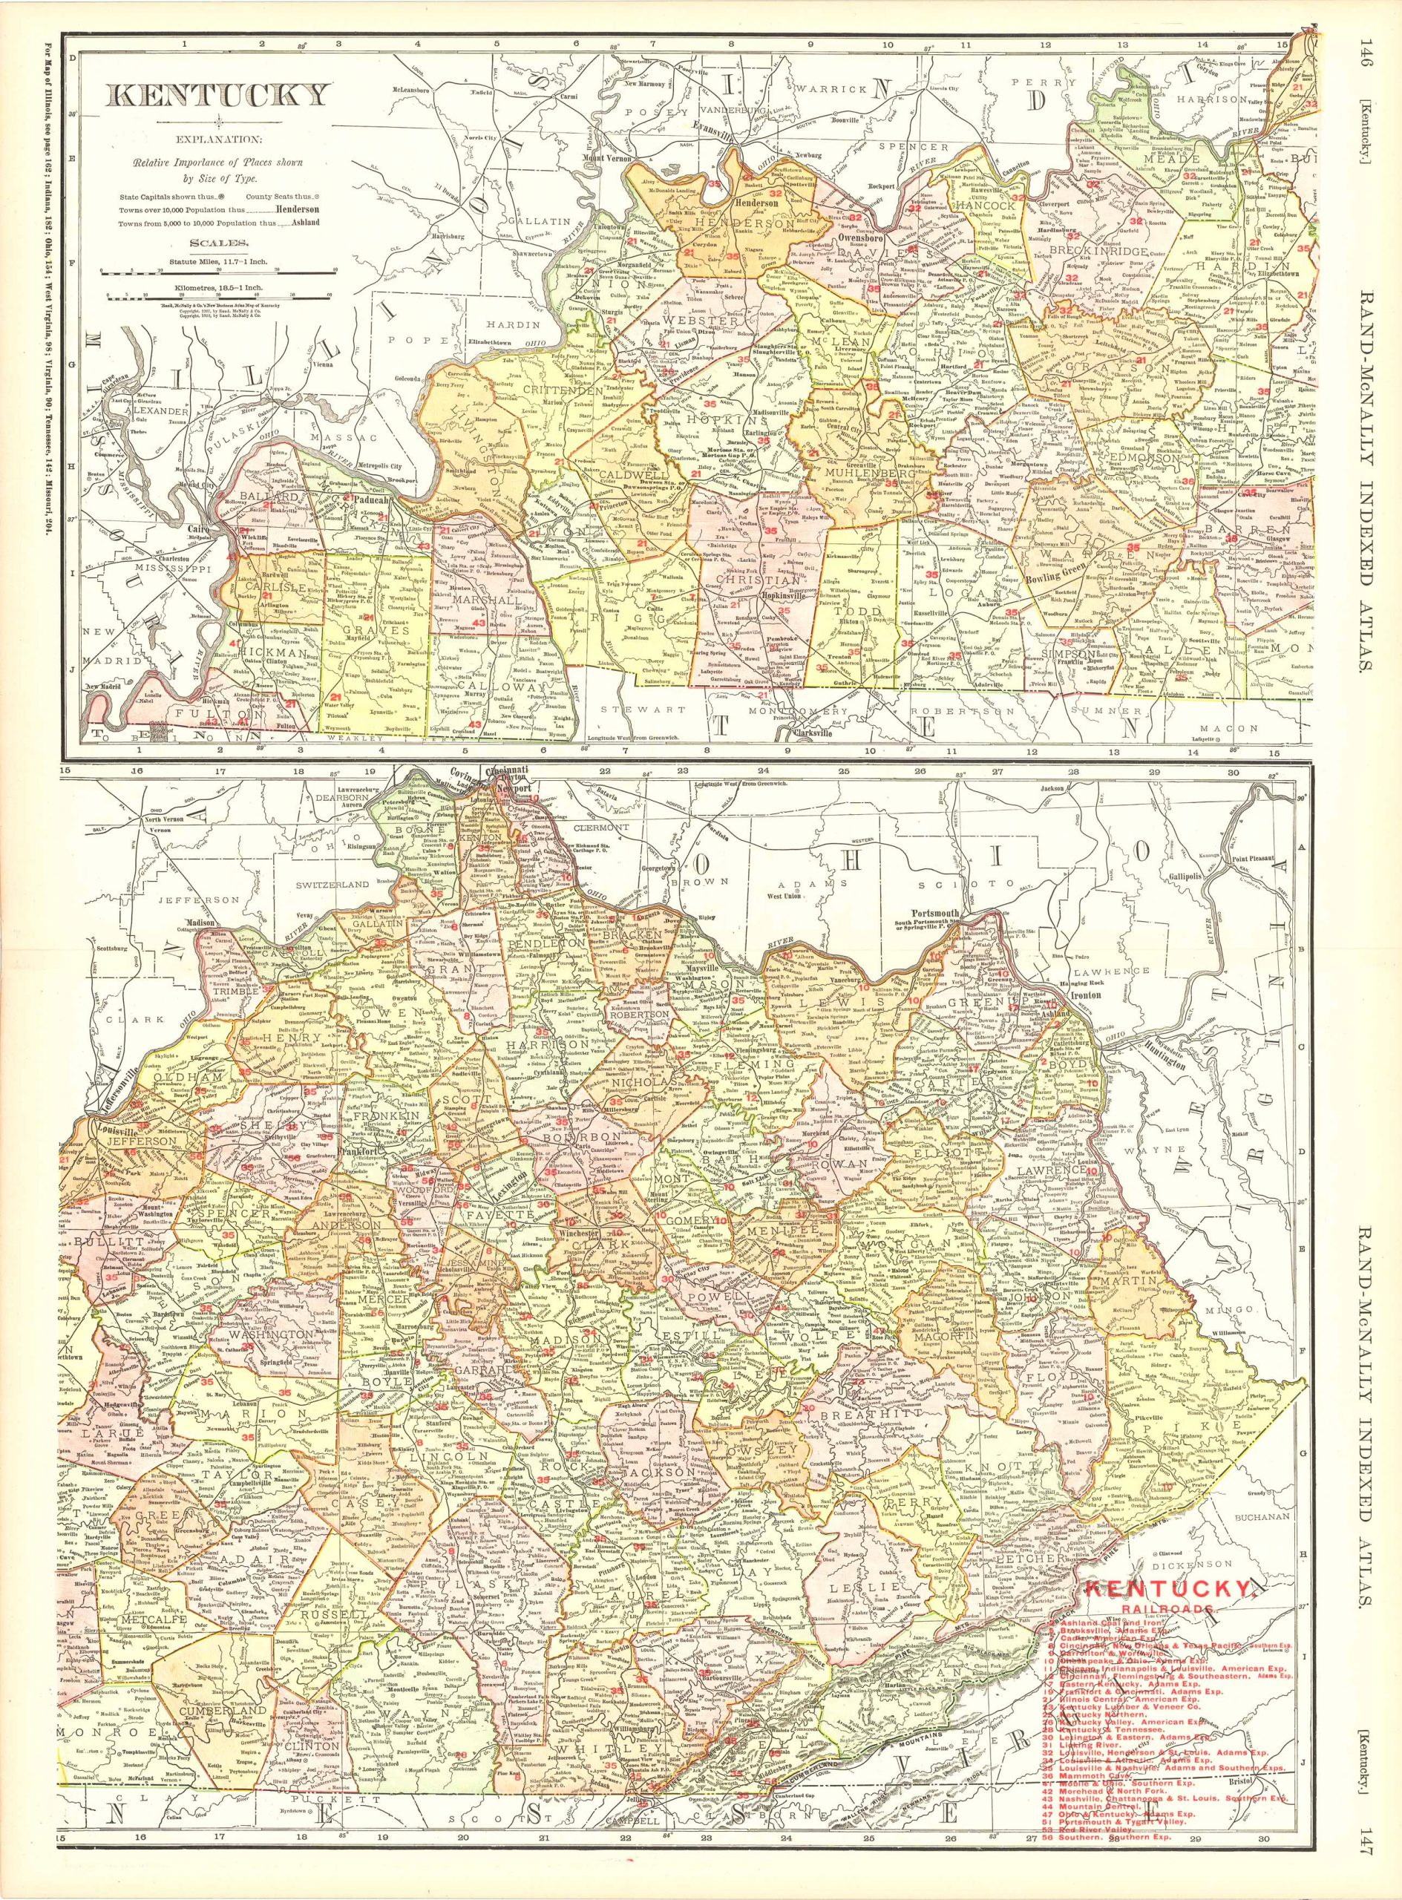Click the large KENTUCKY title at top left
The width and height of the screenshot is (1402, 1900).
[x=217, y=93]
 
